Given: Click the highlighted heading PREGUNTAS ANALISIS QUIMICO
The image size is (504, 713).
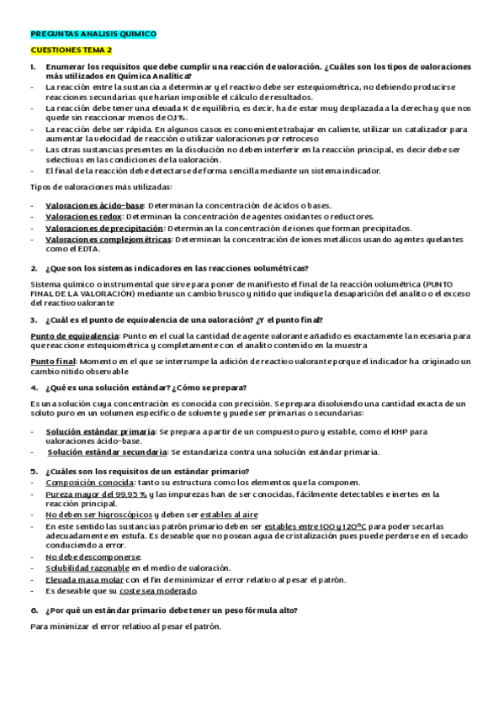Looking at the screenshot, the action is click(x=93, y=34).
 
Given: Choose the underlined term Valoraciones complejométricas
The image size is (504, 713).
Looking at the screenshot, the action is click(x=108, y=239).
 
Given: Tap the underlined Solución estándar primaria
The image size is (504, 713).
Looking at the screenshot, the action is click(x=100, y=430).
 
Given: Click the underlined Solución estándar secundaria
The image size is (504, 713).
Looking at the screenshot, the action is click(x=105, y=452).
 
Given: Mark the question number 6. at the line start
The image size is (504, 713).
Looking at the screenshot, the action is click(x=34, y=610).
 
